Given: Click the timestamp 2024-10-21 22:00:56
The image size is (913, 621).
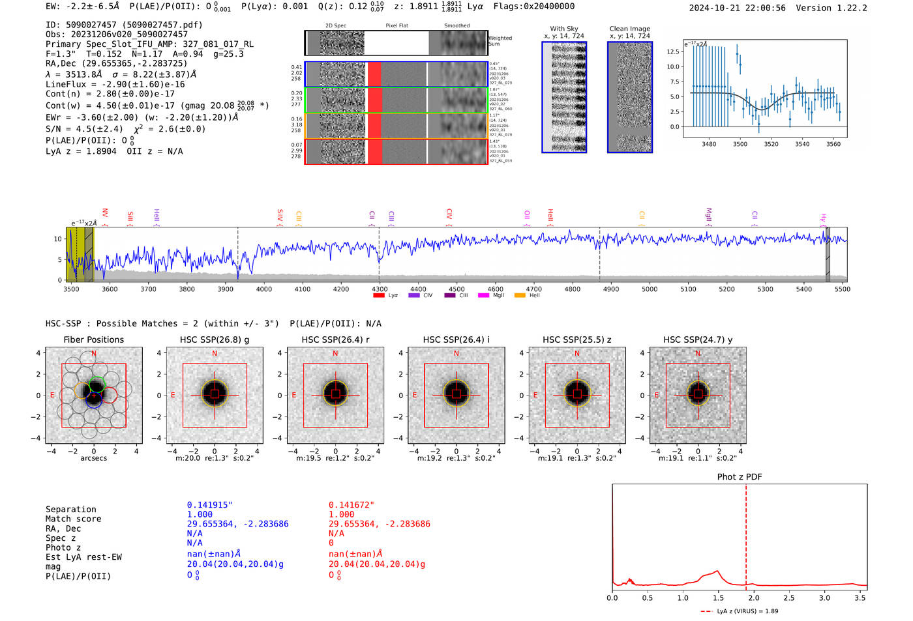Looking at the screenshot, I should click(737, 8).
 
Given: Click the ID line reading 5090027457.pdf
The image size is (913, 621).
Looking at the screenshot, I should click(124, 25).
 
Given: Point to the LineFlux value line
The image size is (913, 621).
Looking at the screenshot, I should click(115, 84).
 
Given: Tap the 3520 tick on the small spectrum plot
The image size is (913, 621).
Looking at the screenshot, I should click(771, 144).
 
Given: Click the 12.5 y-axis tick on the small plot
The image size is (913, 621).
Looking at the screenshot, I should click(673, 51).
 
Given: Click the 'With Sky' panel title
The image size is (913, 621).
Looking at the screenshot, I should click(564, 29).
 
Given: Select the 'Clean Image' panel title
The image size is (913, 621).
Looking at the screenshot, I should click(629, 29).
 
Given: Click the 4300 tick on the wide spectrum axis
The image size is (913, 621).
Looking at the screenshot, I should click(380, 289).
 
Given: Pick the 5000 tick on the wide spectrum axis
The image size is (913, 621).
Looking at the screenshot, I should click(650, 289).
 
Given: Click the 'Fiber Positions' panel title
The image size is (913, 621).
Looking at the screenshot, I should click(93, 339).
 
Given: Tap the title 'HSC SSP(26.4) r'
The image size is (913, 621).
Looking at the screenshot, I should click(335, 339).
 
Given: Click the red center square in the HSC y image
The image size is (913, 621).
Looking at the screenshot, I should click(698, 394).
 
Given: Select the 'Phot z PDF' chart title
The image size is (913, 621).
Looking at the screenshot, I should click(740, 477).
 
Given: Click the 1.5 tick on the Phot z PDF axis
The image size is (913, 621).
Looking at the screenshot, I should click(717, 598).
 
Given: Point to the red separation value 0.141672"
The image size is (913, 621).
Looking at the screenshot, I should click(352, 505).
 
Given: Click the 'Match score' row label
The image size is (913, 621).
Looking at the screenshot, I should click(73, 519).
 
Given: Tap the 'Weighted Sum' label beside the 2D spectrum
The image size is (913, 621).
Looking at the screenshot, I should click(500, 41).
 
